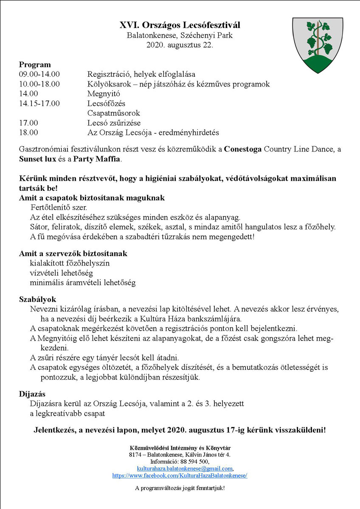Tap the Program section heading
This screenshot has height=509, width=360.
click(35, 65)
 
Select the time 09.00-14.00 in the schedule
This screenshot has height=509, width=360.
click(39, 74)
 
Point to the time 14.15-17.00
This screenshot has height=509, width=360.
click(39, 103)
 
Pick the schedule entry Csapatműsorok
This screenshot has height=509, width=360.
click(113, 113)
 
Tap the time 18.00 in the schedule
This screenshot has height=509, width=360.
click(28, 133)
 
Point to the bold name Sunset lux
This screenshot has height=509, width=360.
click(38, 159)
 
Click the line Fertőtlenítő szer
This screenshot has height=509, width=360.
click(59, 208)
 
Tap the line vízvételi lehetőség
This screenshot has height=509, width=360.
click(62, 273)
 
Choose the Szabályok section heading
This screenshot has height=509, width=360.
click(37, 299)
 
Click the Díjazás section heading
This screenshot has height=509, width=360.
click(32, 394)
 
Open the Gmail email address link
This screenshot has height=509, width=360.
click(185, 469)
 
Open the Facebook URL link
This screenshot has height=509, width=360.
click(180, 476)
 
